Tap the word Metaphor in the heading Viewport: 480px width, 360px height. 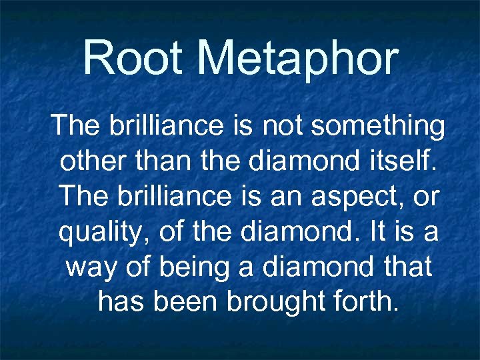pyautogui.click(x=298, y=59)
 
